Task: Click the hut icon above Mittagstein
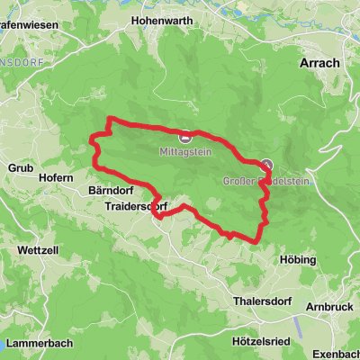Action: coord(184,138)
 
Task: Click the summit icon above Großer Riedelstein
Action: coord(267,165)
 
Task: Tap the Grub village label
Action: coord(19,167)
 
